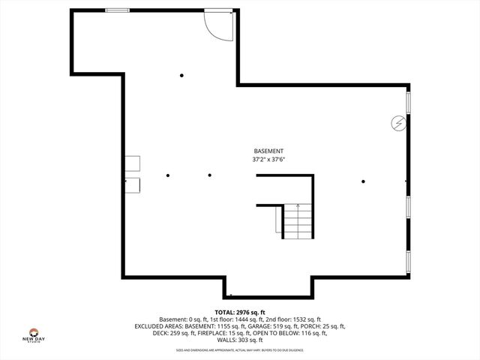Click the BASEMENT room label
pyautogui.click(x=268, y=150)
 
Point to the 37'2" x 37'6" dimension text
pyautogui.click(x=268, y=159)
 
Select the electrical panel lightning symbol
pyautogui.click(x=399, y=123)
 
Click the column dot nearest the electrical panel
pyautogui.click(x=364, y=181)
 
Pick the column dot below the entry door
pyautogui.click(x=181, y=75)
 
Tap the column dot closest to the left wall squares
pyautogui.click(x=169, y=175)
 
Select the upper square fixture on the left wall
pyautogui.click(x=132, y=163)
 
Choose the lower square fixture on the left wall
pyautogui.click(x=132, y=184)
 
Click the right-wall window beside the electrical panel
pyautogui.click(x=408, y=104)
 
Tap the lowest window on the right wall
pyautogui.click(x=408, y=260)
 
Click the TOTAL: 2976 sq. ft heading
pyautogui.click(x=240, y=311)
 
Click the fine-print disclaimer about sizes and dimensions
pyautogui.click(x=240, y=350)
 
